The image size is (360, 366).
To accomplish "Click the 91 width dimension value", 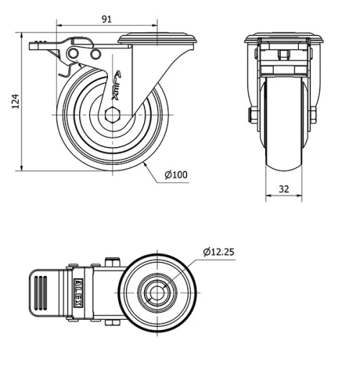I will (x=106, y=19).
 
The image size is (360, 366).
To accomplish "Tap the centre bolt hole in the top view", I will (x=156, y=292).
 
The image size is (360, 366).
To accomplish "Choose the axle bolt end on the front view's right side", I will (x=314, y=115).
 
